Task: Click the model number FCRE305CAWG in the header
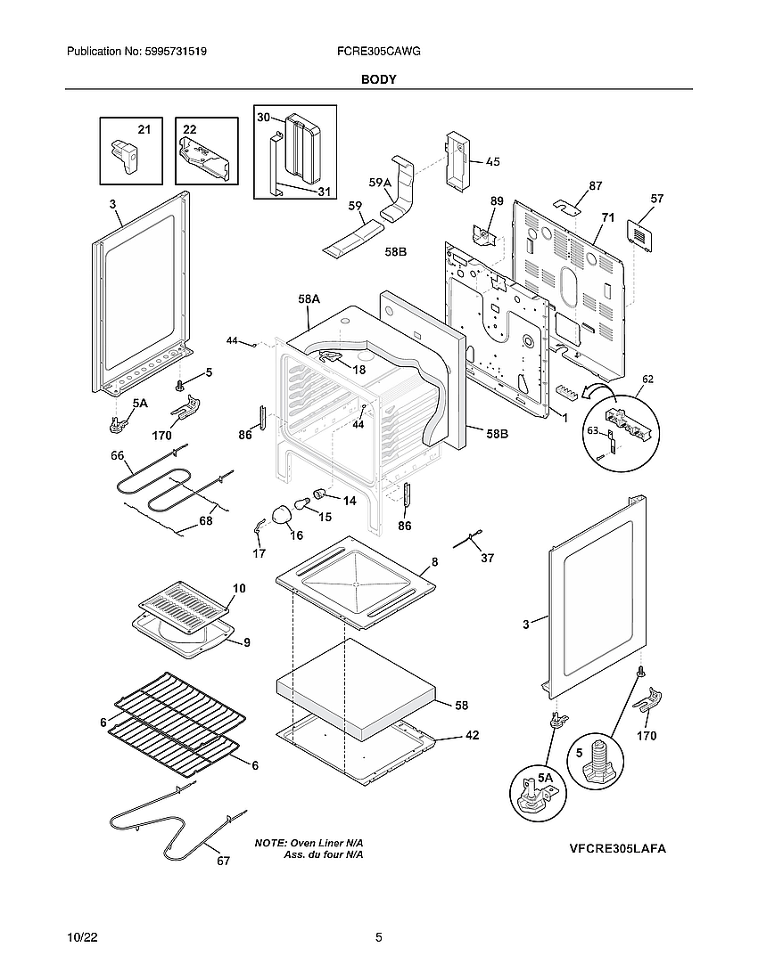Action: point(379,53)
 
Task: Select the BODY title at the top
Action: point(378,79)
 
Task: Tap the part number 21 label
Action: point(144,130)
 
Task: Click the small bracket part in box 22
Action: point(206,160)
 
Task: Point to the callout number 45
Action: point(492,162)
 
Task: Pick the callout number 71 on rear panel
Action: point(608,217)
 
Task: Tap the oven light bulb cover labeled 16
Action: point(282,514)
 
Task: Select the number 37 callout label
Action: point(487,558)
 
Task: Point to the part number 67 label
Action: point(223,861)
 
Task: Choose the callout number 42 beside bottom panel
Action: point(473,736)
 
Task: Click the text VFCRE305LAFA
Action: point(618,849)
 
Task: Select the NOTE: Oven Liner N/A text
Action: point(309,843)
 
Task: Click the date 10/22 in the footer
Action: point(81,937)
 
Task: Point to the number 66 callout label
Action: point(117,456)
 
